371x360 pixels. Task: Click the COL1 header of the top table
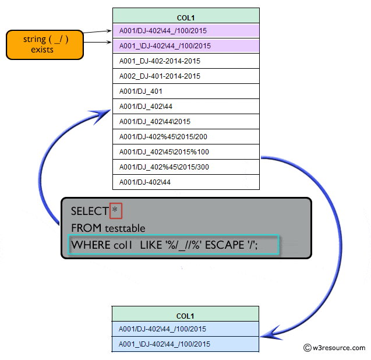coord(186,16)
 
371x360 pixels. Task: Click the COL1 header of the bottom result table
coord(185,315)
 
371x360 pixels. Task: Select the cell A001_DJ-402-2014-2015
coord(186,61)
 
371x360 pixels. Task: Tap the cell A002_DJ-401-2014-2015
coord(186,76)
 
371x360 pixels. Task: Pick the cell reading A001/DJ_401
coord(186,91)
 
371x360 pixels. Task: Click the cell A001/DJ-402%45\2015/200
coord(186,137)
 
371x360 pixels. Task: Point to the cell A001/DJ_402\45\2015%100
coord(186,152)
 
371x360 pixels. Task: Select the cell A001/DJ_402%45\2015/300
coord(186,167)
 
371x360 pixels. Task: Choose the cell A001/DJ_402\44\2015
coord(186,122)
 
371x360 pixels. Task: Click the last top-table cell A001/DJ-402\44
coord(186,182)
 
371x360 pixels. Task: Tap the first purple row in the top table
coord(186,31)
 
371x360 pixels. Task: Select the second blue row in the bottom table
coord(185,344)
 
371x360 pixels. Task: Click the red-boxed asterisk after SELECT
coord(115,210)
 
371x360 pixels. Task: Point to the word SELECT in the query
coord(89,211)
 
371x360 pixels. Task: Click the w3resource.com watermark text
coord(338,348)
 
